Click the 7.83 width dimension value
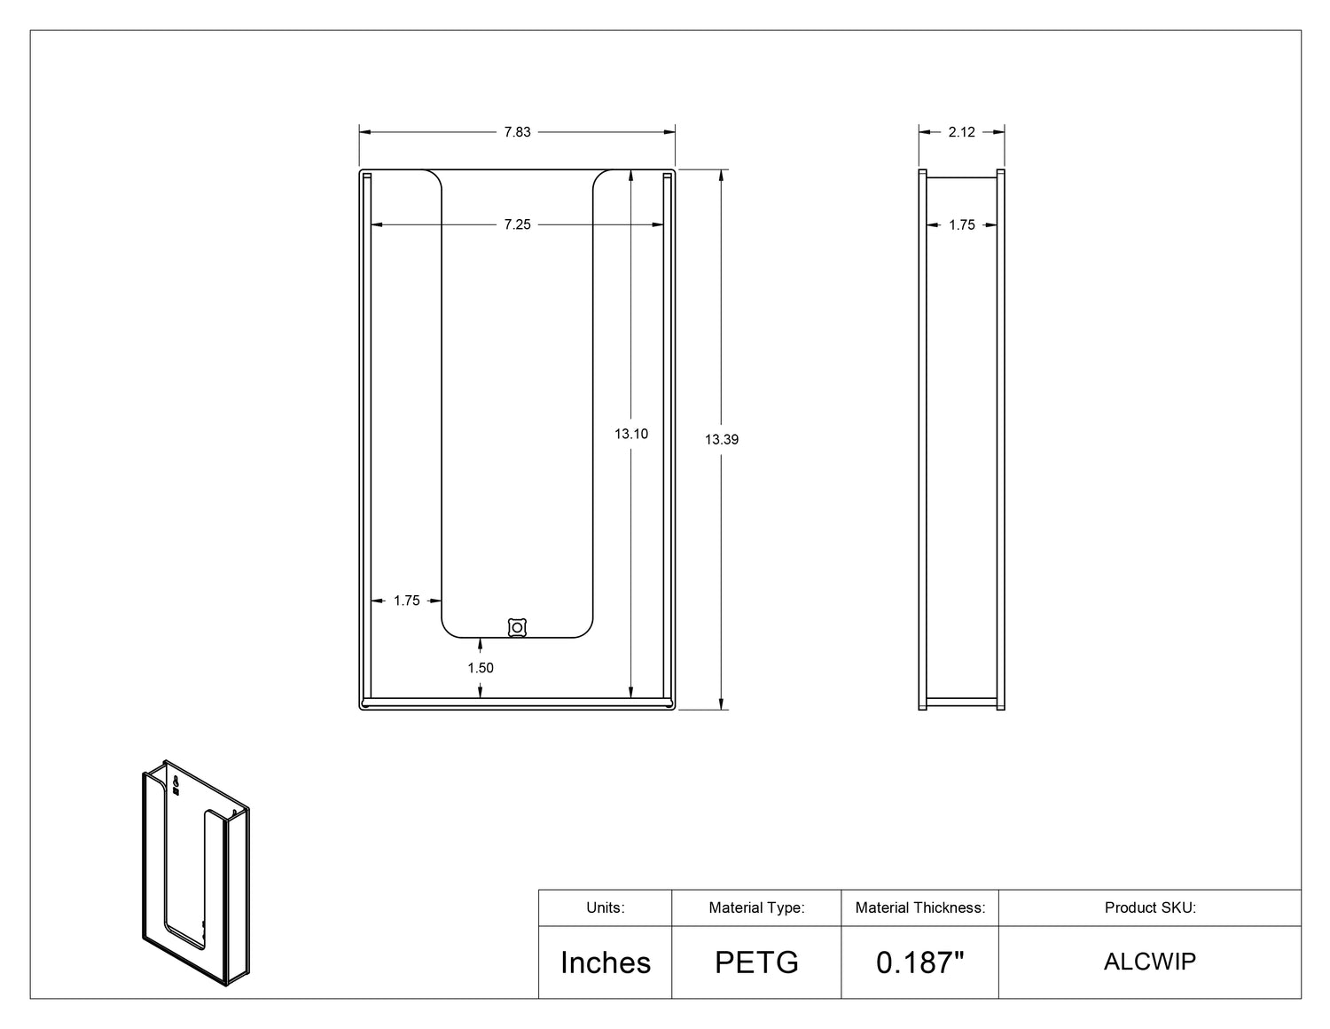[x=517, y=132]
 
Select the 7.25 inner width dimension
[x=517, y=224]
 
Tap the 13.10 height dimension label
[x=631, y=434]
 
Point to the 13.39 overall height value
[x=722, y=439]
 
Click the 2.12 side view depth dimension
[x=961, y=132]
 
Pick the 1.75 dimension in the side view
[x=961, y=225]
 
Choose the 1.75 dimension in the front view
[x=406, y=601]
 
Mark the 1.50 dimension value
[x=481, y=668]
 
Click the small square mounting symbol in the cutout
[x=517, y=627]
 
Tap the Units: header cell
[x=606, y=907]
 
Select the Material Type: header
[x=756, y=907]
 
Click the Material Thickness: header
[x=920, y=907]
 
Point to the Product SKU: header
[x=1150, y=907]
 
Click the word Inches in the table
[x=606, y=962]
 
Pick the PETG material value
[x=756, y=962]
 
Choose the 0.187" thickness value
[x=920, y=962]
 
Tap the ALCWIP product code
[x=1150, y=962]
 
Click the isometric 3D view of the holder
[x=196, y=874]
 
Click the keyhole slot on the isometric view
[x=176, y=782]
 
